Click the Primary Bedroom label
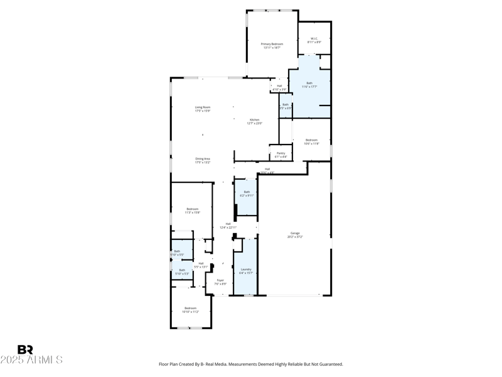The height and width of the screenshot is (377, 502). coord(272,45)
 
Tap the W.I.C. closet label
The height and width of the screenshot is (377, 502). coord(314,40)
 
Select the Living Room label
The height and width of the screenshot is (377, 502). coord(202,109)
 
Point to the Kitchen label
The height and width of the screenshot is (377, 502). coord(254,121)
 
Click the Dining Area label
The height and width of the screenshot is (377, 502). coord(202,160)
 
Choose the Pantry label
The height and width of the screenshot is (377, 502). coord(280,155)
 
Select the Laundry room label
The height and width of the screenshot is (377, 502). coord(245,271)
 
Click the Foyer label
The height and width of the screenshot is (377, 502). coord(220,281)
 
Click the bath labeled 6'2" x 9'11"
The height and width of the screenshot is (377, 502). coord(247,194)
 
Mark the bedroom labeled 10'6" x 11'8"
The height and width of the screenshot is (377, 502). coord(311,141)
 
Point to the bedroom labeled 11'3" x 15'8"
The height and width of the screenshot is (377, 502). coord(192,210)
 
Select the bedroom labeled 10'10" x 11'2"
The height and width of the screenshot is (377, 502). coord(190,310)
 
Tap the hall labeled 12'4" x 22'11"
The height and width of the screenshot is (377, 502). coord(228,226)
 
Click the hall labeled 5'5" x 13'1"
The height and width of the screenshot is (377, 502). coord(201,265)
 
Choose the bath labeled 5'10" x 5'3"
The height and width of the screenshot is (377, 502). coord(182,271)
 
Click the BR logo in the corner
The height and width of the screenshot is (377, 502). coord(25,350)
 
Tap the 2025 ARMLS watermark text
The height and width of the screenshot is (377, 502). coord(31,360)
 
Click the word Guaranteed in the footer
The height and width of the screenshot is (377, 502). coord(329,364)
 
